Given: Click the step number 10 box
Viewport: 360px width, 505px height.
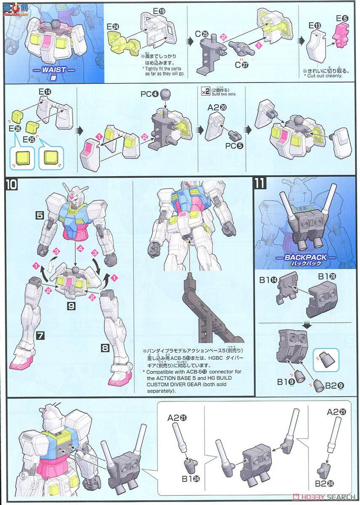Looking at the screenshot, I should coord(12,184).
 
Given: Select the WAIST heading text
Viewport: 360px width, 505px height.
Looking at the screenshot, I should coord(54,69).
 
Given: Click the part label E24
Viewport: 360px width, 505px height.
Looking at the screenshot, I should coord(113,26).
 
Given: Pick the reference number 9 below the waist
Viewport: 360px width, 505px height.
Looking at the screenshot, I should coord(71,307).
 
